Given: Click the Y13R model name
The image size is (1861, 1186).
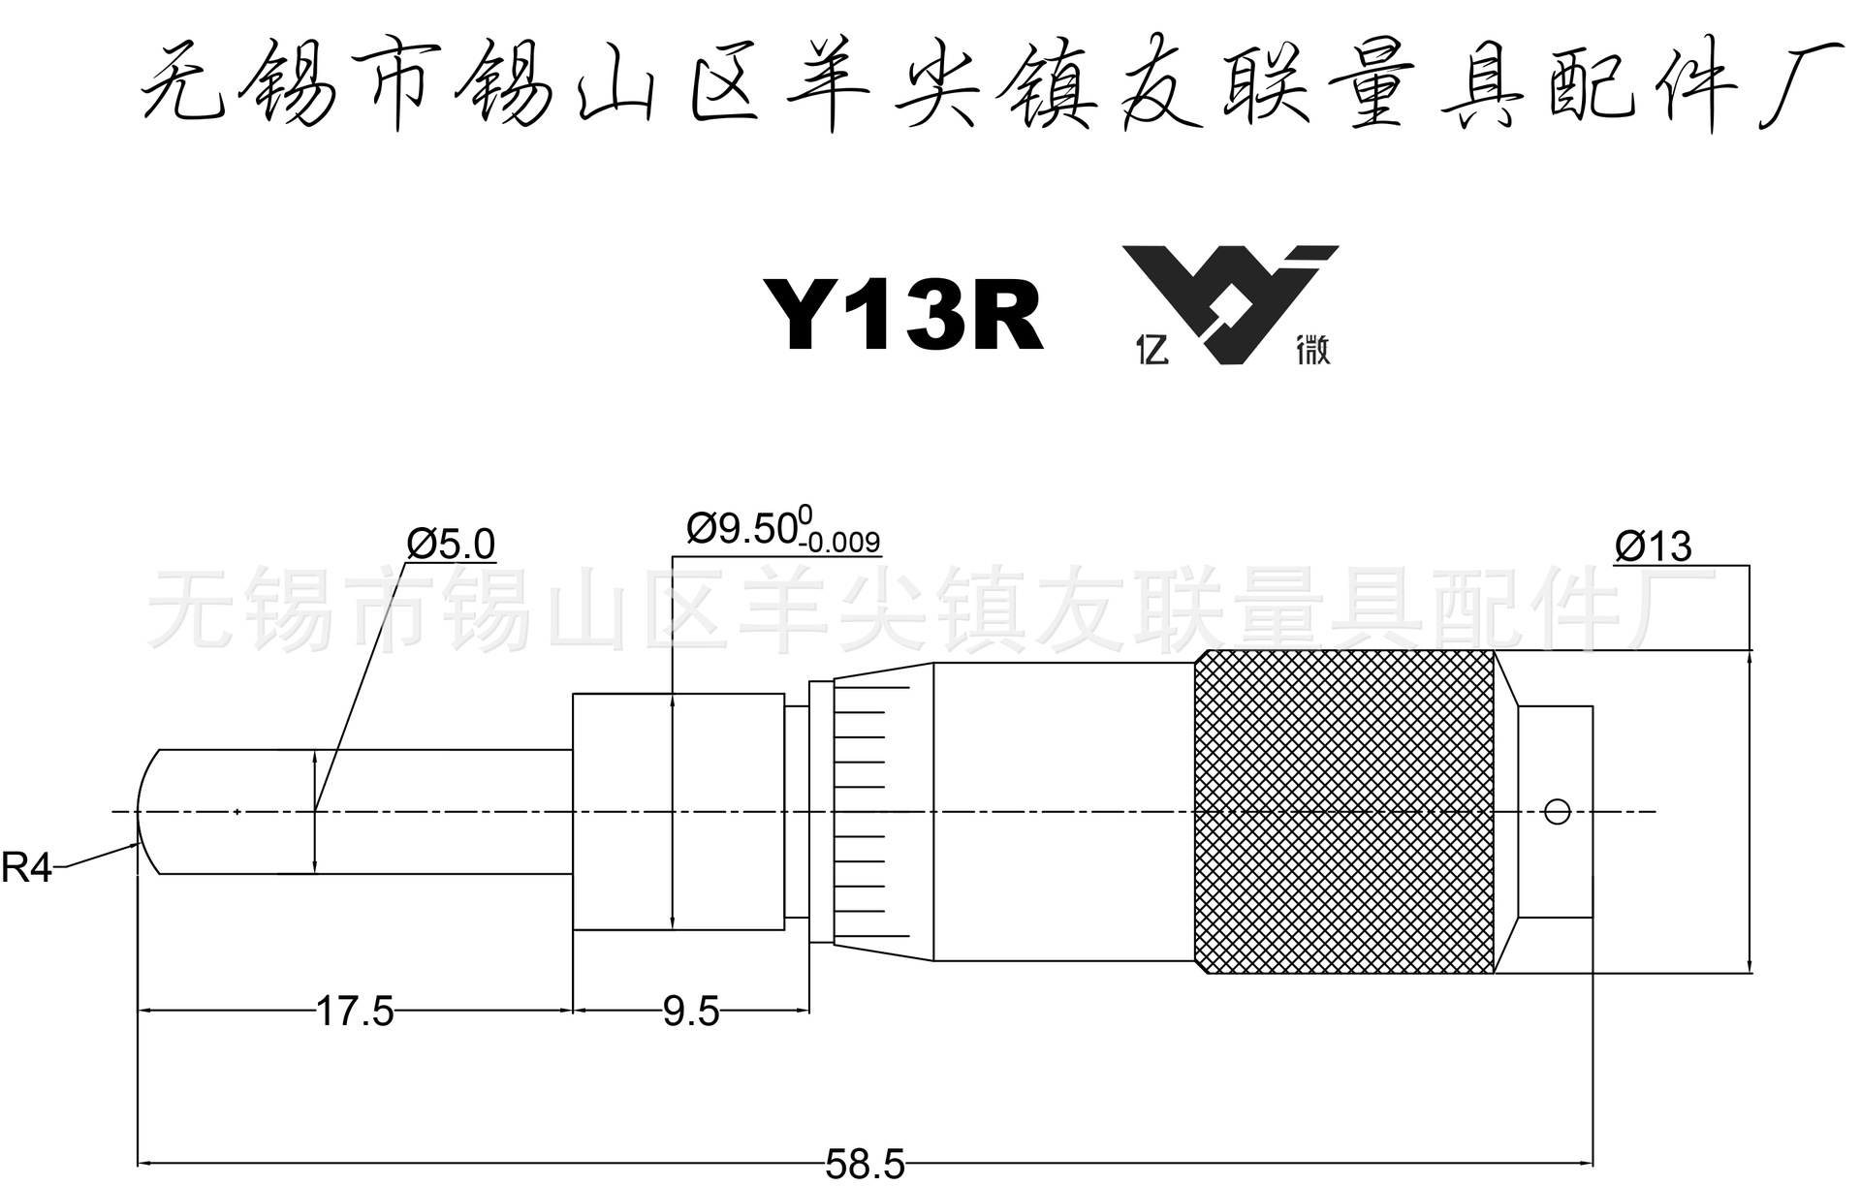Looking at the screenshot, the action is [902, 314].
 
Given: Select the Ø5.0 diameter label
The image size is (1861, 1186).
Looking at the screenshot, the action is [451, 545].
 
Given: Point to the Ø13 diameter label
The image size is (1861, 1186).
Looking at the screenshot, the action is [1654, 547].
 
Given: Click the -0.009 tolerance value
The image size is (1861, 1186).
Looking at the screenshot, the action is [839, 542].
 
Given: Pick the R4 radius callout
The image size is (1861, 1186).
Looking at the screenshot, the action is [26, 867].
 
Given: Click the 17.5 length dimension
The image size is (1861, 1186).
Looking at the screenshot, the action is [356, 1012].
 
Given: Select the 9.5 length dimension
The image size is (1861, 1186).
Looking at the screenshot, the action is [691, 1012].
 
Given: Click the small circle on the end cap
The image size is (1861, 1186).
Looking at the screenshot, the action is [1556, 811].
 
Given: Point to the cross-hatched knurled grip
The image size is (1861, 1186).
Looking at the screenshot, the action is [1345, 811].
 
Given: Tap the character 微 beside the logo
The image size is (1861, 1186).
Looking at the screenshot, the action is [1313, 350].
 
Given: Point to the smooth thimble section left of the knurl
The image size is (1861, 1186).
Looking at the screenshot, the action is [1064, 811].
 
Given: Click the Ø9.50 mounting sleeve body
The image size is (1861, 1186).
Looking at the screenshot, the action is [678, 811].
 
